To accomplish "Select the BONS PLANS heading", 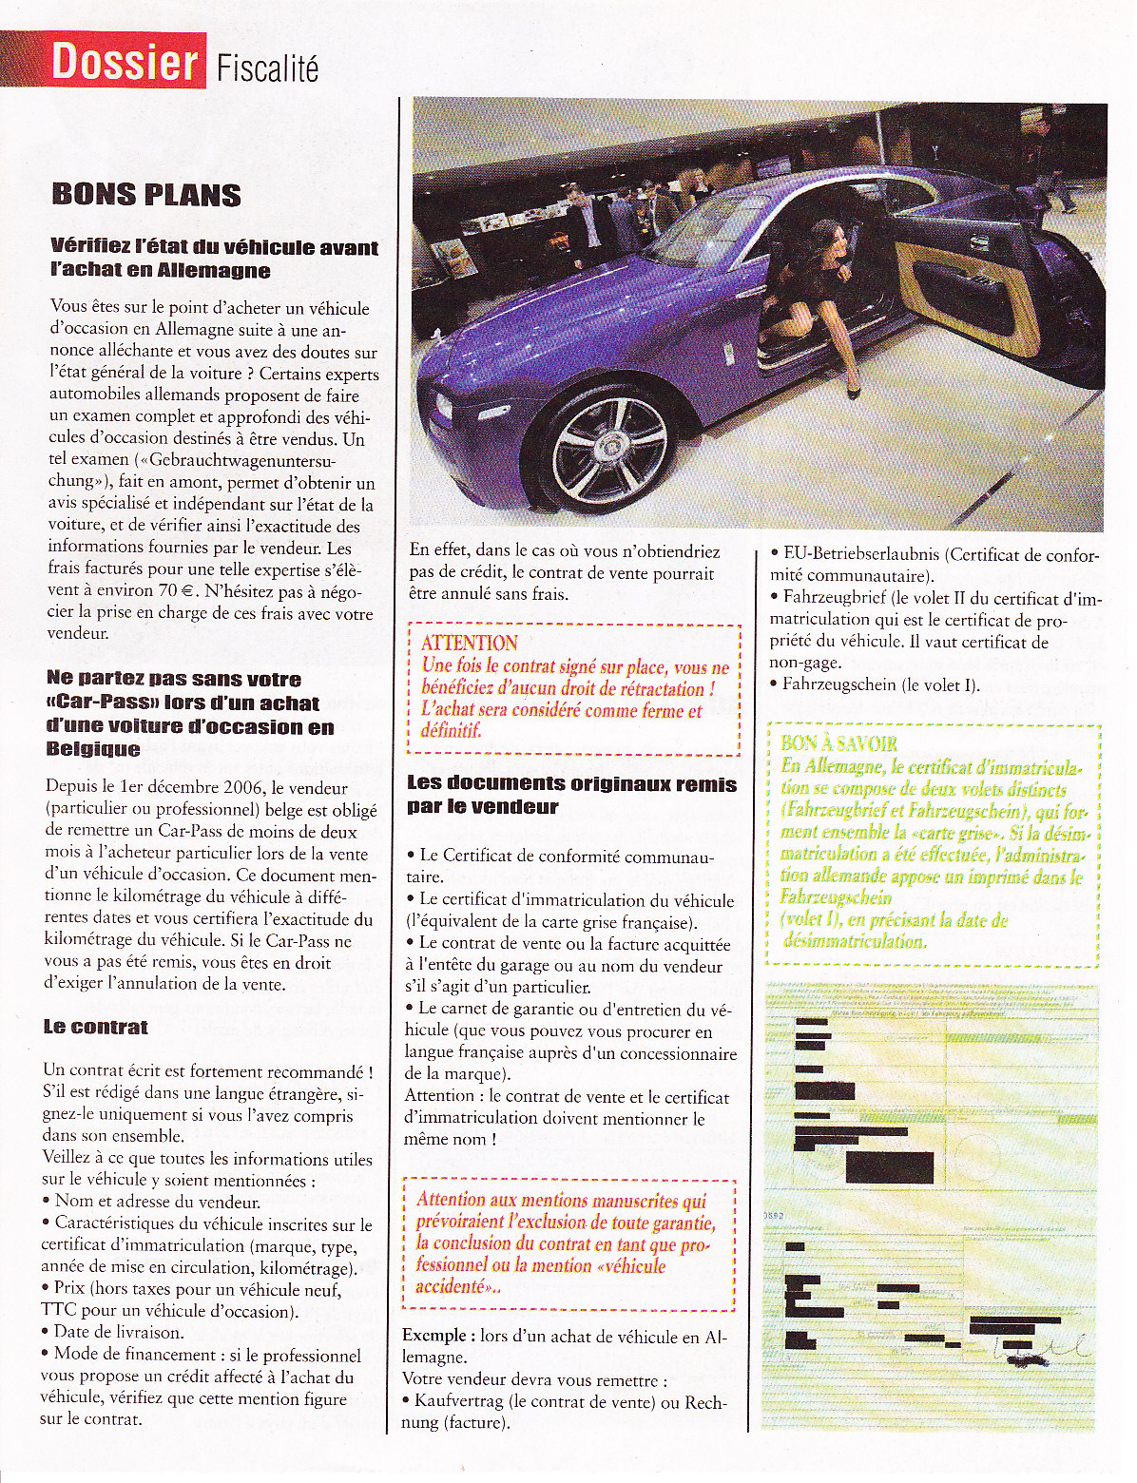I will [x=146, y=195].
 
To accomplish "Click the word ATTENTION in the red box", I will [x=469, y=643].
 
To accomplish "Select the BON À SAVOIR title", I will [x=838, y=743].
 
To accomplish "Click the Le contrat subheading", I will [x=95, y=1028].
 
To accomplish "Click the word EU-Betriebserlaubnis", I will [x=861, y=554].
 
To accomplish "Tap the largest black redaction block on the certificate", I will [x=889, y=1166].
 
